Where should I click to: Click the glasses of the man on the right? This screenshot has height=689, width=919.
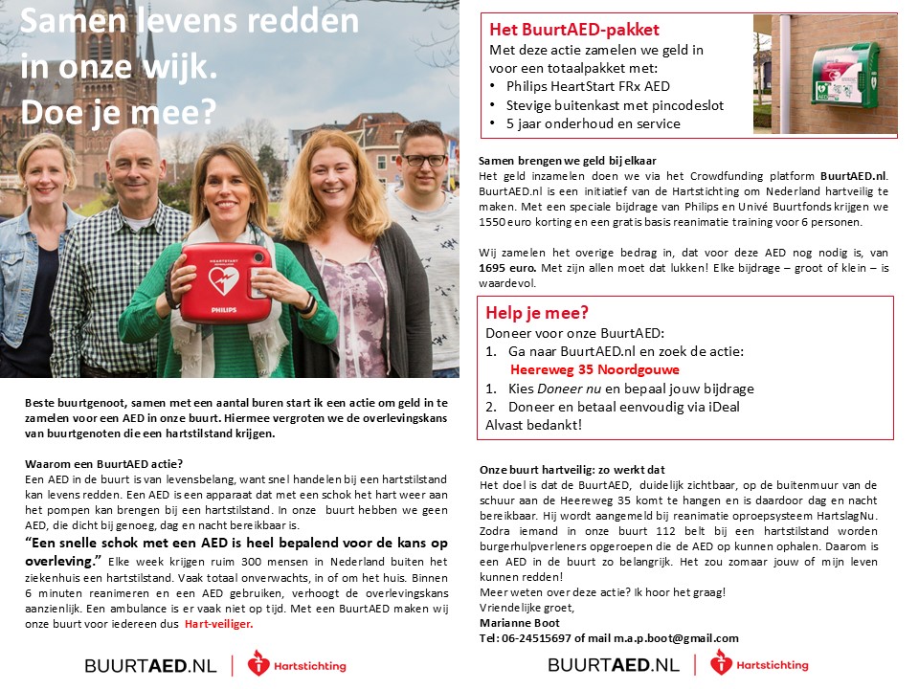point(423,160)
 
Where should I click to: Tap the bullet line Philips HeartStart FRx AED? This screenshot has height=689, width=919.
point(594,87)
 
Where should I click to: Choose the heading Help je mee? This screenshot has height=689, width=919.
point(537,313)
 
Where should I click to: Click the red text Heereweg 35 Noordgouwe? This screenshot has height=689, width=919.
point(594,369)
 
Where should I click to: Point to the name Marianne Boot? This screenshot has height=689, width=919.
point(520,623)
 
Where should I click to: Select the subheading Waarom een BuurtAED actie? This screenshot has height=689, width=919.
point(104,464)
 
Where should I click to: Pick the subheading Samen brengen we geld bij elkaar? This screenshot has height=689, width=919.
point(568,160)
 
